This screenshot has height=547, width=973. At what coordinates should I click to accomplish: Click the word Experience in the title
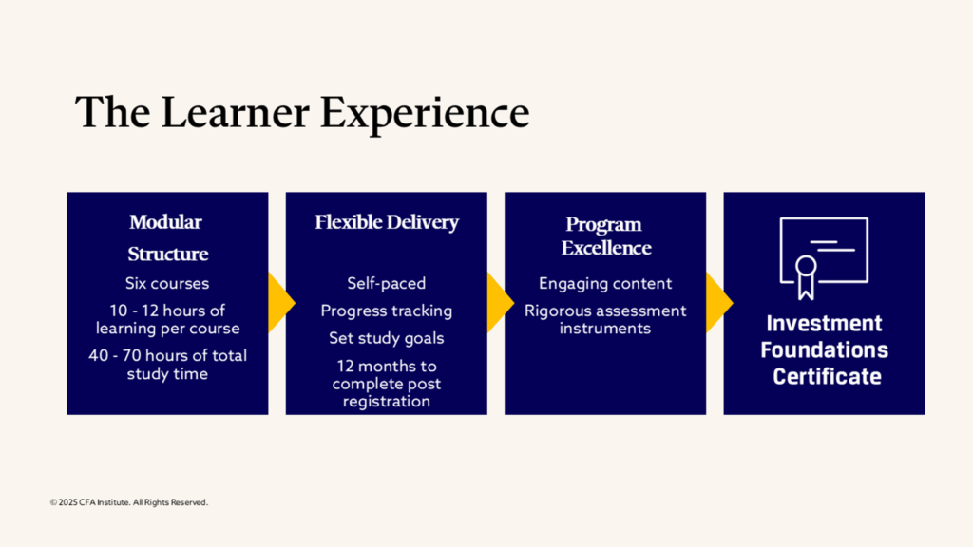coord(425,114)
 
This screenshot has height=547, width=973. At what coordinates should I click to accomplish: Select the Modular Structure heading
coord(167,237)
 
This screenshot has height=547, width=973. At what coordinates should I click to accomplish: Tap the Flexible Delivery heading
coord(387,222)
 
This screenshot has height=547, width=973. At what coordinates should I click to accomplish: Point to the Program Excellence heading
coord(605,236)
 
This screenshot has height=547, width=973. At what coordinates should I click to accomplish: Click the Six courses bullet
coord(167,283)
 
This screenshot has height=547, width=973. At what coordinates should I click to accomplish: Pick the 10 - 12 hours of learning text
coord(167,319)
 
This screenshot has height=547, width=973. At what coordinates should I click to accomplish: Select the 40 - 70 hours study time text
coord(167,364)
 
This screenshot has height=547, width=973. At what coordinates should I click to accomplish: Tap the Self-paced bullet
coord(387,283)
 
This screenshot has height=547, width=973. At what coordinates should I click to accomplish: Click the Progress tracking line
coord(387,311)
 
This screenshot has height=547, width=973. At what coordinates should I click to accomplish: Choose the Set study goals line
coord(387,338)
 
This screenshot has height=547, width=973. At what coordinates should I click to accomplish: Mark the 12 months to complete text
coord(387,384)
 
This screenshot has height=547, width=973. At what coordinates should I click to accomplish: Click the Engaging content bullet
coord(605,283)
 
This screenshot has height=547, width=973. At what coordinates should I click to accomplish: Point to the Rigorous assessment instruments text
coord(605,319)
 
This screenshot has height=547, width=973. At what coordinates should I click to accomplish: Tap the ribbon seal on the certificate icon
coord(806,276)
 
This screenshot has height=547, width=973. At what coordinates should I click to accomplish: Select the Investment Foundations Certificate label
coord(824,349)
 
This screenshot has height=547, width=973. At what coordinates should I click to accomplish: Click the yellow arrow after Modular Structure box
coord(280,303)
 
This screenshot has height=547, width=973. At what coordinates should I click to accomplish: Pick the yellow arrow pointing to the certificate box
coord(718,303)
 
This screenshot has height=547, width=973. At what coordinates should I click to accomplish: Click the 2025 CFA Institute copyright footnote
coord(129,502)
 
